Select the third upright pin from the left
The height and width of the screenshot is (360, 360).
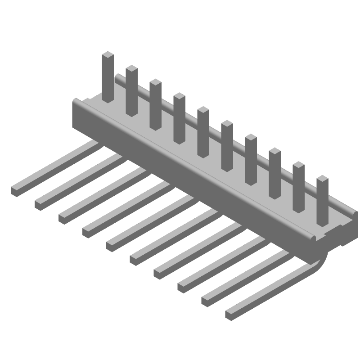coord(156,103)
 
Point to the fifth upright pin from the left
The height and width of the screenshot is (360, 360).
coord(203,130)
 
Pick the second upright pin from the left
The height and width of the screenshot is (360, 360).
coord(131,90)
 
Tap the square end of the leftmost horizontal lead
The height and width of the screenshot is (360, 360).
coord(16,191)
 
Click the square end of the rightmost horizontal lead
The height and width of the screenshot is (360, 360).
coord(230,314)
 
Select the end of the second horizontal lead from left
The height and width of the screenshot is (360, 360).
coord(40,204)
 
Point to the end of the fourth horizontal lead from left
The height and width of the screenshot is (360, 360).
coord(87,232)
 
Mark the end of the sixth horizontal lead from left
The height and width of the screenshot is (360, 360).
coord(135,259)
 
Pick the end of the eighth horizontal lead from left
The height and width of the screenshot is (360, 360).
coord(183,287)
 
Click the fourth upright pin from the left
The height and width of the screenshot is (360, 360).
coord(179,117)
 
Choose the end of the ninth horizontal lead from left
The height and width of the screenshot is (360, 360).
coord(207,301)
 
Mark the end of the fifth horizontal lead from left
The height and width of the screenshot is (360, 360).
coord(111,246)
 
